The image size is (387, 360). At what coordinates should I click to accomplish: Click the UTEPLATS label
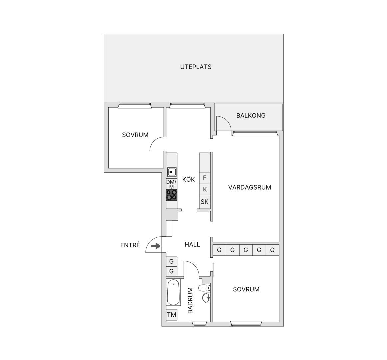(196, 67)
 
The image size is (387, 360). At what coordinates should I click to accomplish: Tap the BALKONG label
(251, 115)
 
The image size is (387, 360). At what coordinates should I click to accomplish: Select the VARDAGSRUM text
(250, 187)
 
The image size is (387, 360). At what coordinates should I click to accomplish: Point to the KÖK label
(189, 179)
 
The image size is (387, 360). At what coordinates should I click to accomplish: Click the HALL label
(192, 245)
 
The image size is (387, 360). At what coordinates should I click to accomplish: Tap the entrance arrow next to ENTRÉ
(156, 246)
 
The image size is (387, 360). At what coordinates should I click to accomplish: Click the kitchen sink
(172, 172)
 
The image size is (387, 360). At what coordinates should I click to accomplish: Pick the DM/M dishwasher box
(172, 184)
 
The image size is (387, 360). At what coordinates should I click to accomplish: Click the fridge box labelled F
(205, 178)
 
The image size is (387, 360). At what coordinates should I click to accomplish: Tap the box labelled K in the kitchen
(205, 189)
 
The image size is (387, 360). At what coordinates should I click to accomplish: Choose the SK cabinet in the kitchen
(205, 202)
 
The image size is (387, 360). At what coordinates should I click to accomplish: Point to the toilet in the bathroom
(205, 288)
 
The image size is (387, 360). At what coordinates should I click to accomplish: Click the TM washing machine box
(172, 315)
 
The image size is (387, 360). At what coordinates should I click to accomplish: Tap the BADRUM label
(190, 301)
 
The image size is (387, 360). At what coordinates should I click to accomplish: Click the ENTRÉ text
(130, 245)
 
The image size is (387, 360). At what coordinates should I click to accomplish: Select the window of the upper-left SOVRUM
(135, 106)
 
